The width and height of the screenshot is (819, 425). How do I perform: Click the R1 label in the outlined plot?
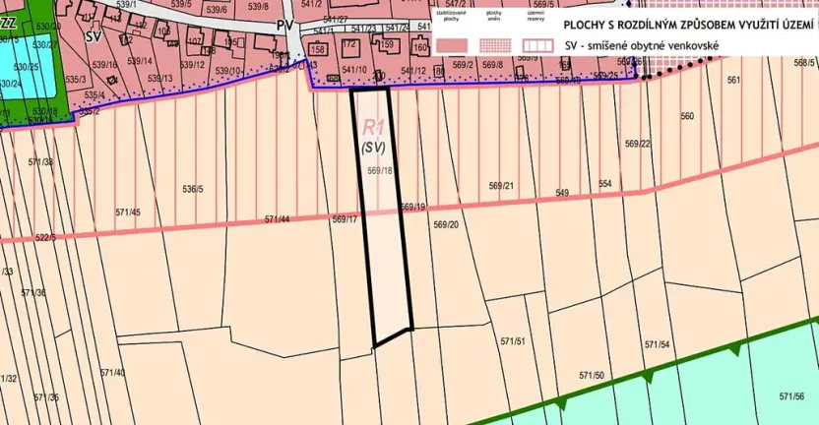(373, 127)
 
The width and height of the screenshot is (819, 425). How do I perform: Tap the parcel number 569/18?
(380, 170)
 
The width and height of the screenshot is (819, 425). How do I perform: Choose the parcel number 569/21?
(501, 185)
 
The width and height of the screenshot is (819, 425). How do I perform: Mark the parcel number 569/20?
(446, 224)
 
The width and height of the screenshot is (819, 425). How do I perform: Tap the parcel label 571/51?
(513, 341)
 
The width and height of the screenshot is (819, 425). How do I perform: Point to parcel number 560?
(687, 116)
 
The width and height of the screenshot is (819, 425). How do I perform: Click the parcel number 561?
(733, 80)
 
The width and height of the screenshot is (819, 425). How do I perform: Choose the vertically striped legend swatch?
(537, 44)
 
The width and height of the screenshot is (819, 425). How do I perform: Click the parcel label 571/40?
(113, 372)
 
